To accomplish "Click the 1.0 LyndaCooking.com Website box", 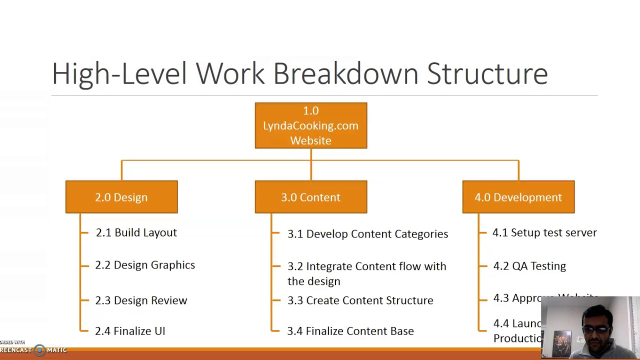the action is pos(310,125).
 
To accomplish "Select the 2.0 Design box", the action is pos(121,197).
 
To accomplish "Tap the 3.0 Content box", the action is pos(310,197).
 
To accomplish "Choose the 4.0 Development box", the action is pos(518,197).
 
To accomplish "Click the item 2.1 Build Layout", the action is pos(136,232).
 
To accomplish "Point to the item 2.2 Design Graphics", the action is pos(145,265).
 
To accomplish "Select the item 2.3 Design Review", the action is pos(141,300).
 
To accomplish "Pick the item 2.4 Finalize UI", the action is pos(130,331).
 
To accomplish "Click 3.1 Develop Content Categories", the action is pos(367,234).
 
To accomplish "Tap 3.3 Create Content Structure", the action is pos(360,300).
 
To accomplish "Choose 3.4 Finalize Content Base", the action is pos(350,331).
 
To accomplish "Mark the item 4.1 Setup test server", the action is pos(544,232).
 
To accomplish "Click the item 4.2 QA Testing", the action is pos(529,266).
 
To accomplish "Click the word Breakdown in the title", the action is pos(345,74).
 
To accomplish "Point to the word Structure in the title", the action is pos(487,74).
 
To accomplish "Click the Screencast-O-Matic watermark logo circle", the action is pos(39,350).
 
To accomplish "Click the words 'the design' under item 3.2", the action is pos(314,281).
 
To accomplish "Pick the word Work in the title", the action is pos(229,74).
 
